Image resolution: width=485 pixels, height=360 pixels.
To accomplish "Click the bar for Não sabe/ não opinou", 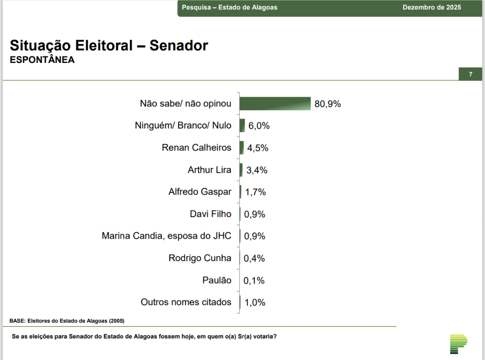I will (x=275, y=104).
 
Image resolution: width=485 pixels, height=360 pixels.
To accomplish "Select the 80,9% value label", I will (x=328, y=104).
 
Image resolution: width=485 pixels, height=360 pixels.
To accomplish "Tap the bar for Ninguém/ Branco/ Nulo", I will (x=242, y=125).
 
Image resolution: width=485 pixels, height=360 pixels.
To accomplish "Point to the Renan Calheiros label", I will (x=197, y=147).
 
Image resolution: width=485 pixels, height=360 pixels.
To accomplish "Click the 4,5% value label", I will (x=258, y=148).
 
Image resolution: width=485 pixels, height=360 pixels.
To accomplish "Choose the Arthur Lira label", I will (x=210, y=170).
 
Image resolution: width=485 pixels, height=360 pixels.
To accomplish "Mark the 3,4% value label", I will (x=256, y=170).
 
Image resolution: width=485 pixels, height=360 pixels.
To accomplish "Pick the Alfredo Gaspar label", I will (x=200, y=192).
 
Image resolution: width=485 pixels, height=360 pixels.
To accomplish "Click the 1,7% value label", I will (x=256, y=192).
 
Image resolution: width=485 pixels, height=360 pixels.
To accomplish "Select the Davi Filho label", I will (x=211, y=214).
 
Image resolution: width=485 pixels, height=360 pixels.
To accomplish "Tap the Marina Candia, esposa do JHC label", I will (x=167, y=236).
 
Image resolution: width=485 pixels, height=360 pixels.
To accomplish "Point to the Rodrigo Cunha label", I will (x=200, y=258).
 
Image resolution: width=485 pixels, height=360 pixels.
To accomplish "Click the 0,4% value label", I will (x=254, y=258).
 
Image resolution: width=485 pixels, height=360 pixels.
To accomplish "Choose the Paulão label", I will (x=217, y=280).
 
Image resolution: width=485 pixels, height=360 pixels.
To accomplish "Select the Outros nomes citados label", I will (x=186, y=302).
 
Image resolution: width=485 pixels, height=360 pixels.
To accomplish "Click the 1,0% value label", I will (x=255, y=303).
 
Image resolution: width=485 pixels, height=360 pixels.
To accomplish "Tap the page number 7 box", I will (x=470, y=74).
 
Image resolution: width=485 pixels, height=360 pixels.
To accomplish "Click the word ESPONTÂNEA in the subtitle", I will (x=42, y=60).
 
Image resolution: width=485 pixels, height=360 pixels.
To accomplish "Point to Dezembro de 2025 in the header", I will (x=432, y=8).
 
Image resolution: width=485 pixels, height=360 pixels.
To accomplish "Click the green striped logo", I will (x=459, y=344).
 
